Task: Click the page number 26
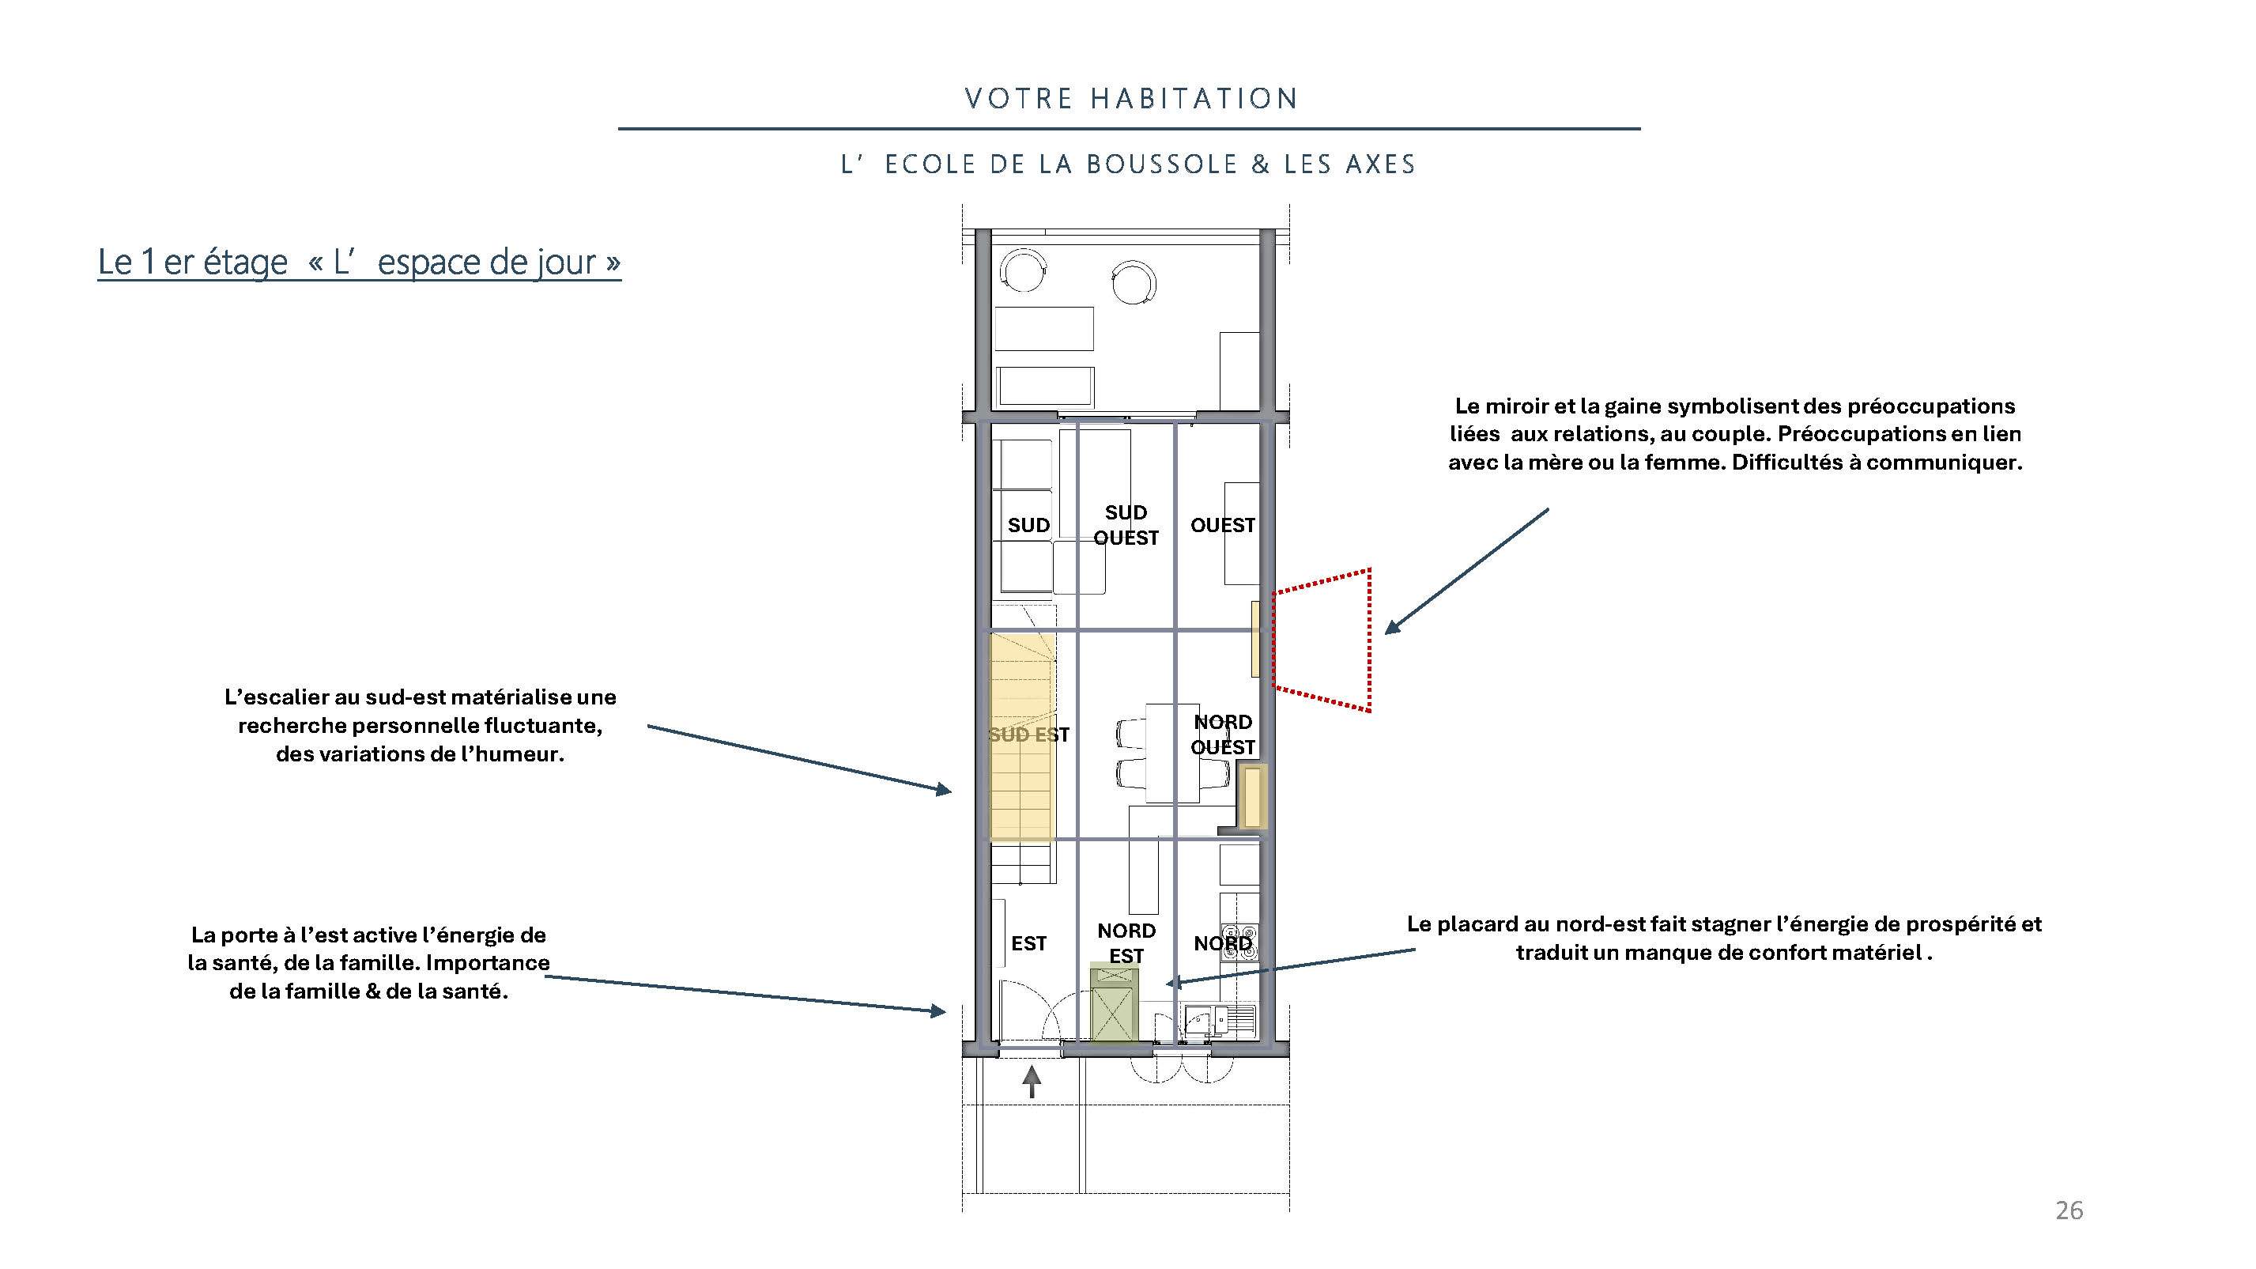coord(2069,1210)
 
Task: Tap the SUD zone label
coord(1028,526)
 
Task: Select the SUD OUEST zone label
coord(1126,524)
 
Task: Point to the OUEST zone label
coord(1223,526)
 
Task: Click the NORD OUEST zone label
coord(1223,734)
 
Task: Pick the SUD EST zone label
coord(1029,735)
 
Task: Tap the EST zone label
coord(1029,943)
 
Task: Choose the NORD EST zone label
coord(1126,942)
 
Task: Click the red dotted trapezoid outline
coord(1369,640)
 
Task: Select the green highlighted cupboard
coord(1114,1003)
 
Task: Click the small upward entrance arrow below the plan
coord(1032,1081)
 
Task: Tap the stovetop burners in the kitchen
coord(1239,942)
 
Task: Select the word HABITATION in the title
coord(1194,98)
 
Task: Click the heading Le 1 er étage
coord(193,262)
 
